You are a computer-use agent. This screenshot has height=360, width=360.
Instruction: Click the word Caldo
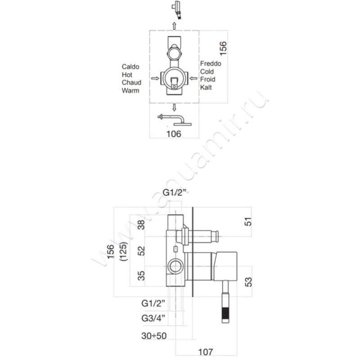point(130,67)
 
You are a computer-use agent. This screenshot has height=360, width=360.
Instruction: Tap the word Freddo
point(211,63)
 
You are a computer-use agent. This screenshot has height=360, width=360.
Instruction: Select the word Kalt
point(206,87)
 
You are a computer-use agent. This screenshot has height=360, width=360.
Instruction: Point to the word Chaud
point(131,82)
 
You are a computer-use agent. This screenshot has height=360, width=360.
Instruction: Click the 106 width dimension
point(174,134)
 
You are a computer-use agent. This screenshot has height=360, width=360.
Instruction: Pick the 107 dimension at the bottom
point(206,352)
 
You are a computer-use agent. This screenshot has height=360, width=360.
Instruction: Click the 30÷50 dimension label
point(154,336)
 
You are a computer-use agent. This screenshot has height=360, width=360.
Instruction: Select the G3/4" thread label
point(153,318)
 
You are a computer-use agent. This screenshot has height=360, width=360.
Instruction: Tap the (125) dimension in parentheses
point(123,252)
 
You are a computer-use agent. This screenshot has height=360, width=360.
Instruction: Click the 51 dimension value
point(248,222)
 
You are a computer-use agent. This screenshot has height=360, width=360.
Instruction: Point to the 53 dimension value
point(248,282)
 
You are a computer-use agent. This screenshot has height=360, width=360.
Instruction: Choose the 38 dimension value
point(141,225)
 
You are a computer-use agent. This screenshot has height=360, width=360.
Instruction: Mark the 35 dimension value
point(141,276)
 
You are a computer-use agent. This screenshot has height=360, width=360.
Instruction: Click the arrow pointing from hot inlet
point(155,78)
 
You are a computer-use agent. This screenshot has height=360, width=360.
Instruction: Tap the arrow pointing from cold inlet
point(193,78)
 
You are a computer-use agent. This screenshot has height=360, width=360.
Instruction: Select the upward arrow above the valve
point(174,26)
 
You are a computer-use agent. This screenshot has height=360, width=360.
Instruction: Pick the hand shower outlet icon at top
point(176,10)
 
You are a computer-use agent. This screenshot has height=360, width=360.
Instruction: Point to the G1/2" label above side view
point(174,193)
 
